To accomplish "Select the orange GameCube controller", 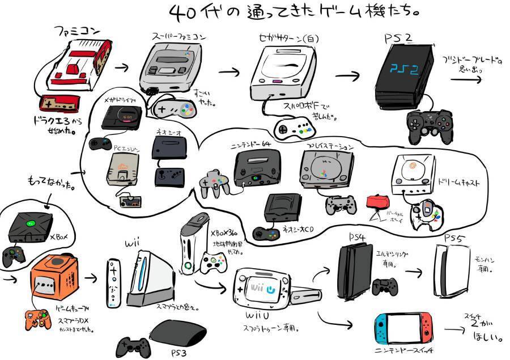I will (x=37, y=319).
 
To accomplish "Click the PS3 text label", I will (x=178, y=353).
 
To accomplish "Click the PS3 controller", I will (x=134, y=345).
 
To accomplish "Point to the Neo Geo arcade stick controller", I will (x=169, y=176).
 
